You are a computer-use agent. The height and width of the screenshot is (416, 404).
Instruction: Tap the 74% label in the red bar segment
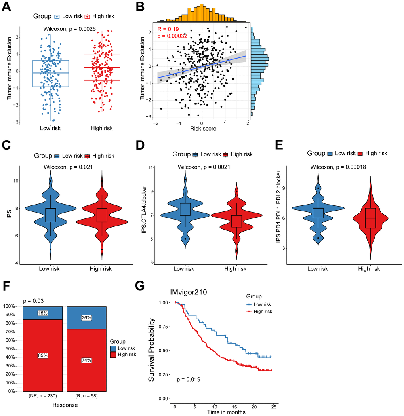coord(86,360)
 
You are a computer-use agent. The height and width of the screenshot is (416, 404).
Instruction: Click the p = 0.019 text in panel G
coord(189,380)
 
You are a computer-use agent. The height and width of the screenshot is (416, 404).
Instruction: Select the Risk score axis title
coord(202,128)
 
